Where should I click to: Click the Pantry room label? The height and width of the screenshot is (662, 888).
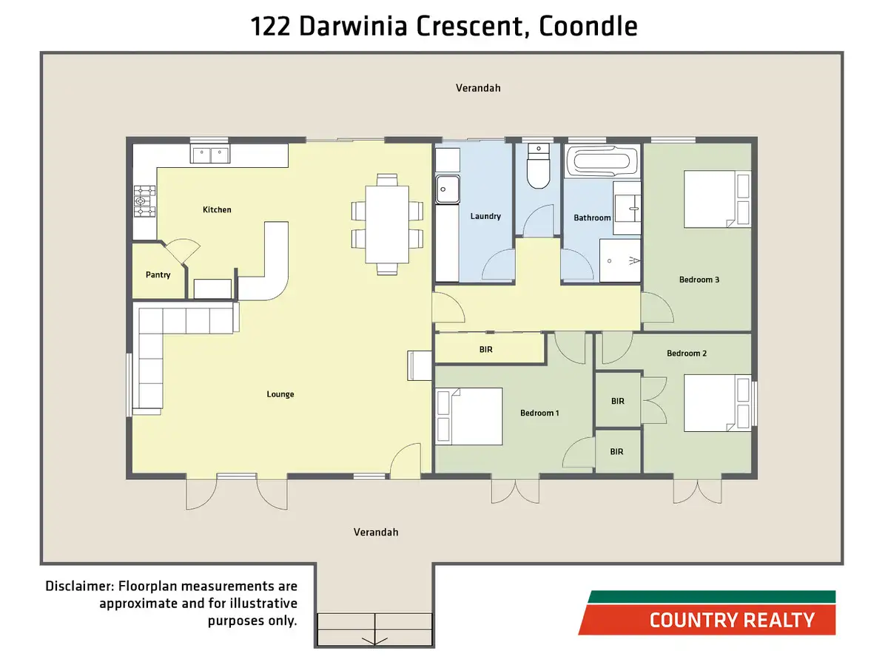pyautogui.click(x=158, y=275)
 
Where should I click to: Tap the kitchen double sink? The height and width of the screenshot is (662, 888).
pyautogui.click(x=210, y=155)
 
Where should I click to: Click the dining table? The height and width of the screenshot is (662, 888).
pyautogui.click(x=387, y=223)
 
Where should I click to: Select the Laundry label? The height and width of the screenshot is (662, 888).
pyautogui.click(x=485, y=217)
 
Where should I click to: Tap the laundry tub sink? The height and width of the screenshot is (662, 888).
pyautogui.click(x=447, y=189)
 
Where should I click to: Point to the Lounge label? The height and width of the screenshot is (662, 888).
pyautogui.click(x=280, y=394)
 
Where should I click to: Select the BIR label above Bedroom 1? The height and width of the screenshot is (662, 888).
pyautogui.click(x=485, y=349)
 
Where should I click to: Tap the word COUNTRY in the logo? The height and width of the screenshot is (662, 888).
pyautogui.click(x=687, y=620)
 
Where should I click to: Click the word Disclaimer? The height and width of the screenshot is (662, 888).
pyautogui.click(x=77, y=587)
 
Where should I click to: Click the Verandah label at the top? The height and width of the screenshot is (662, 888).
pyautogui.click(x=478, y=88)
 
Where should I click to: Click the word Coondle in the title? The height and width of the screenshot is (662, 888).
pyautogui.click(x=588, y=27)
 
